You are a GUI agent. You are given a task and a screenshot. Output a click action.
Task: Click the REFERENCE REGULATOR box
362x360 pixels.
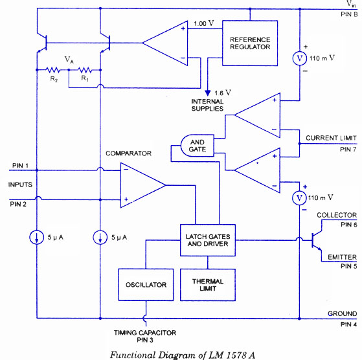pyautogui.click(x=250, y=43)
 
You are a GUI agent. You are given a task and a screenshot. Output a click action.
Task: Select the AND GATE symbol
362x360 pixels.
pyautogui.click(x=197, y=146)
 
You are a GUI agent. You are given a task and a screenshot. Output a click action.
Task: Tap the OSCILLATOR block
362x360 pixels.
pyautogui.click(x=146, y=284)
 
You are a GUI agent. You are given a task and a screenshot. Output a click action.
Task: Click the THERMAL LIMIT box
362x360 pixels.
pyautogui.click(x=208, y=284)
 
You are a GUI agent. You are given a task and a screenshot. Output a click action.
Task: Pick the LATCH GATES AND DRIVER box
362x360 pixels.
pyautogui.click(x=208, y=240)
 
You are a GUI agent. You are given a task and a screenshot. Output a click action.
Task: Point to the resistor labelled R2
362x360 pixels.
pyautogui.click(x=53, y=70)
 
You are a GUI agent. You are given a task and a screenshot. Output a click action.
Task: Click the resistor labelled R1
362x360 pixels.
pyautogui.click(x=85, y=70)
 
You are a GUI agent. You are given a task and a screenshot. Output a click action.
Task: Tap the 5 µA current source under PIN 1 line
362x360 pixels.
pyautogui.click(x=37, y=237)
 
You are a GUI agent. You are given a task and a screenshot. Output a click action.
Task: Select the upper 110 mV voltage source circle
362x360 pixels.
pyautogui.click(x=299, y=58)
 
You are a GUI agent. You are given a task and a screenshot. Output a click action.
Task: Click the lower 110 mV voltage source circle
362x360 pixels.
pyautogui.click(x=299, y=198)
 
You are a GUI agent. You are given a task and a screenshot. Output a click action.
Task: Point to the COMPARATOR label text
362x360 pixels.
pyautogui.click(x=128, y=153)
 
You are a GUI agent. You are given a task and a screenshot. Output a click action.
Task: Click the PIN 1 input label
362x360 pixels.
pyautogui.click(x=20, y=166)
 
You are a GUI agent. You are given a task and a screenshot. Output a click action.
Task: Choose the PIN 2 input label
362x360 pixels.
pyautogui.click(x=18, y=204)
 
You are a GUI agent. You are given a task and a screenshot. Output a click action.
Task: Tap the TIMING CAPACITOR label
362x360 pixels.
pyautogui.click(x=145, y=333)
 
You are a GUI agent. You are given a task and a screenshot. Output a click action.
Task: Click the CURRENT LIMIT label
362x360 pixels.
pyautogui.click(x=331, y=138)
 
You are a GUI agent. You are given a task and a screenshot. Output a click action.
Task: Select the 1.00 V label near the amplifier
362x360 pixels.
pyautogui.click(x=203, y=23)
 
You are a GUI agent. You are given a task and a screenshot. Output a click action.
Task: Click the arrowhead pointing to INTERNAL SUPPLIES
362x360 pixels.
pyautogui.click(x=207, y=93)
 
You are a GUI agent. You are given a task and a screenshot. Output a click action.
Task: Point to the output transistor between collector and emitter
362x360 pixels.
pyautogui.click(x=316, y=240)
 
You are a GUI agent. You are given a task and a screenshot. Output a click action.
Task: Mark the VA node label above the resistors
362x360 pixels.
pyautogui.click(x=69, y=60)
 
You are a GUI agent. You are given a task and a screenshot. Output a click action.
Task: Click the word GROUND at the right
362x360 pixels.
pyautogui.click(x=342, y=313)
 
